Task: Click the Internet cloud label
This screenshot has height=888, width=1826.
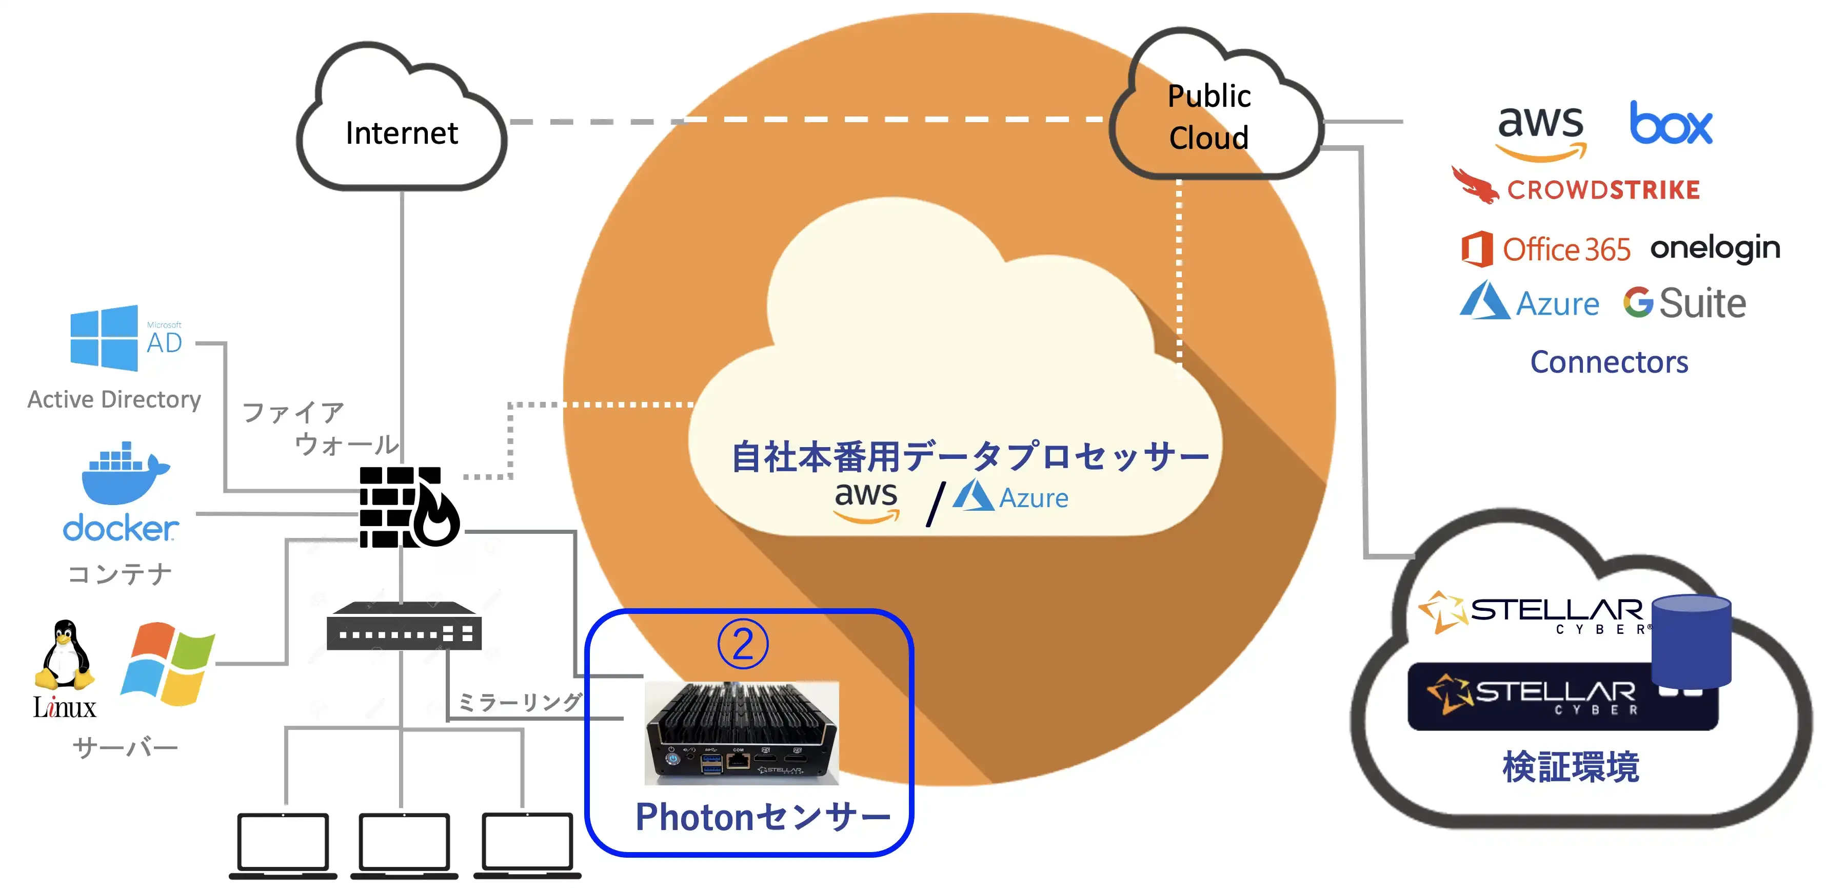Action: (401, 133)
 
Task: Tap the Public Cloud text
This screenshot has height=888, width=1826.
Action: (1208, 117)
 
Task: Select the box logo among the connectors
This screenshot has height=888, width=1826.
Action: (1671, 124)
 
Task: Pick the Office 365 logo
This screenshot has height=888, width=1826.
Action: (1545, 249)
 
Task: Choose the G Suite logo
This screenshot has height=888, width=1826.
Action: (1684, 303)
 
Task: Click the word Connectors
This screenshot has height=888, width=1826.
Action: (1609, 362)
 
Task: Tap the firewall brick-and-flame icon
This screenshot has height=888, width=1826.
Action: (408, 507)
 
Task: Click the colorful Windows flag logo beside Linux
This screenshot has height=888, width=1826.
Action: (168, 663)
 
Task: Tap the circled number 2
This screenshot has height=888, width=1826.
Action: (742, 644)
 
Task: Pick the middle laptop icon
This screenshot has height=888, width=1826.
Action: (403, 844)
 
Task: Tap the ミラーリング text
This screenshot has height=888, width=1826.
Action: (520, 702)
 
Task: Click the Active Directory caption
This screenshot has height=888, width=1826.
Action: (114, 399)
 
